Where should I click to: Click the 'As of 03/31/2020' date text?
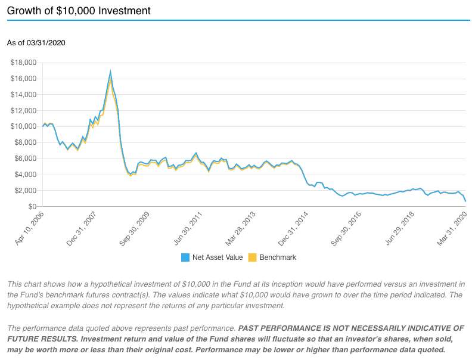coord(36,42)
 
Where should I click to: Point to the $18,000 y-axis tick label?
coord(24,63)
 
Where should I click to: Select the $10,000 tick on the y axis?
coord(24,126)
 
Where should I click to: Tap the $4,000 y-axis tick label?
coord(26,175)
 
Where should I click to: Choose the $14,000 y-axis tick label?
coord(24,94)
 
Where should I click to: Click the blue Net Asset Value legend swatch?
coord(185,257)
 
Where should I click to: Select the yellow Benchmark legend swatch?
coord(252,257)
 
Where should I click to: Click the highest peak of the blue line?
coord(110,72)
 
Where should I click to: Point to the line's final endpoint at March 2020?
coord(465,201)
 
